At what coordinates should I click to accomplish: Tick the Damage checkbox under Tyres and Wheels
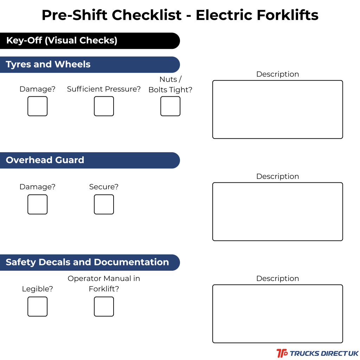[x=37, y=106]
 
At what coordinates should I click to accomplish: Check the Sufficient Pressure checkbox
[x=104, y=106]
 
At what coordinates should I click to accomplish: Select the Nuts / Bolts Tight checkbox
[x=171, y=106]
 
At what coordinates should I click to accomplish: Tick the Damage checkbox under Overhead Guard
[x=37, y=204]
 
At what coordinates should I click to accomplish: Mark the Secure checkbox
[x=104, y=204]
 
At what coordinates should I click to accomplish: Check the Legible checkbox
[x=37, y=307]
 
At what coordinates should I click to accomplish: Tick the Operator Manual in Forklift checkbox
[x=104, y=307]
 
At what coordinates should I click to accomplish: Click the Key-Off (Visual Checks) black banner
[x=90, y=41]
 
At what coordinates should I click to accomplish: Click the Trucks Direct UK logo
[x=317, y=353]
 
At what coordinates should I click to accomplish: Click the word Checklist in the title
[x=147, y=15]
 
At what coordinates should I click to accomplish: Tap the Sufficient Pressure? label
[x=104, y=89]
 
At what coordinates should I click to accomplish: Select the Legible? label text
[x=37, y=289]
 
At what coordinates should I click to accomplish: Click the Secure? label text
[x=104, y=187]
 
